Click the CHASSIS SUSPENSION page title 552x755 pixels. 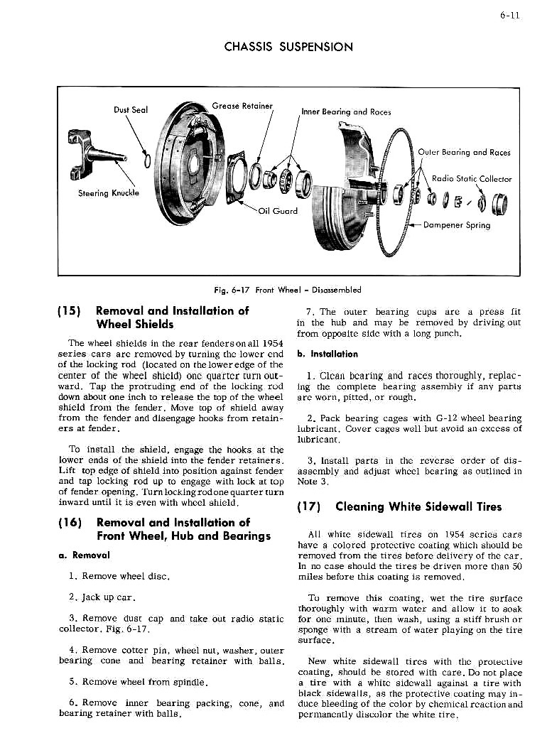point(288,48)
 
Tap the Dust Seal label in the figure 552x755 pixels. point(131,109)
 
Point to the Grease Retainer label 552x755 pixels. point(242,107)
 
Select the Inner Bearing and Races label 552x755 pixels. point(346,112)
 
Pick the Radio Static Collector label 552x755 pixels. point(472,179)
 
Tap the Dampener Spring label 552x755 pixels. point(456,224)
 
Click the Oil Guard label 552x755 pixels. point(278,210)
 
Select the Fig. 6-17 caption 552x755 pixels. point(288,290)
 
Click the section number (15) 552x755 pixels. point(72,311)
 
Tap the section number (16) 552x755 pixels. point(72,523)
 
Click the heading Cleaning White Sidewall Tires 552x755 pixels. point(418,506)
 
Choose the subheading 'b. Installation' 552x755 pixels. point(328,354)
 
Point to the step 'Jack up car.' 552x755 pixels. point(107,598)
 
